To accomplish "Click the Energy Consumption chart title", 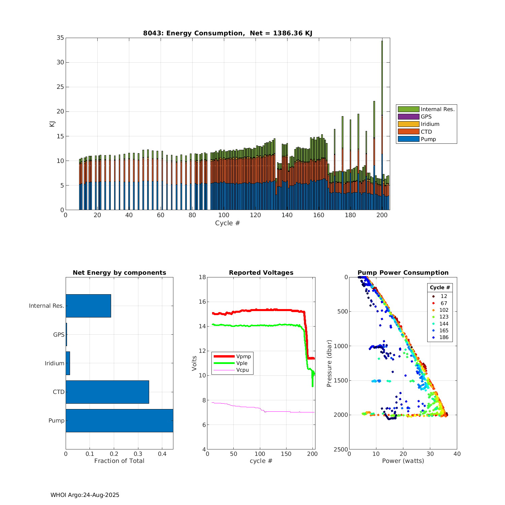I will click(x=228, y=33).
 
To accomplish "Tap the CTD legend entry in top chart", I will click(x=426, y=132).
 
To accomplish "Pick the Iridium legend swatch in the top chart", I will click(x=408, y=124).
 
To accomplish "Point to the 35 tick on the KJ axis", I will click(x=60, y=38).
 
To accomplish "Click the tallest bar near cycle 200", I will click(x=382, y=101).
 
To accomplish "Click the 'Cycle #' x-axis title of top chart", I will click(x=228, y=223).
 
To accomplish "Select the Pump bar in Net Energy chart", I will click(x=119, y=420).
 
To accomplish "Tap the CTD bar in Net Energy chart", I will click(x=107, y=392).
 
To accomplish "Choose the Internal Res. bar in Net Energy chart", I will click(x=88, y=306).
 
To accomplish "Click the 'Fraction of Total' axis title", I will click(x=119, y=461).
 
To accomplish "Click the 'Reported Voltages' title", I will click(x=261, y=273).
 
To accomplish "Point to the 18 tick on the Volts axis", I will click(x=202, y=277).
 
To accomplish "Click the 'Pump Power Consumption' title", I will click(x=403, y=273).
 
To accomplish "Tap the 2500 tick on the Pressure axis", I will click(x=341, y=449).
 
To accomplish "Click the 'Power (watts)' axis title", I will click(x=403, y=461).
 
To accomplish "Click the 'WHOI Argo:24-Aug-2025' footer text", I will click(x=85, y=495).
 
